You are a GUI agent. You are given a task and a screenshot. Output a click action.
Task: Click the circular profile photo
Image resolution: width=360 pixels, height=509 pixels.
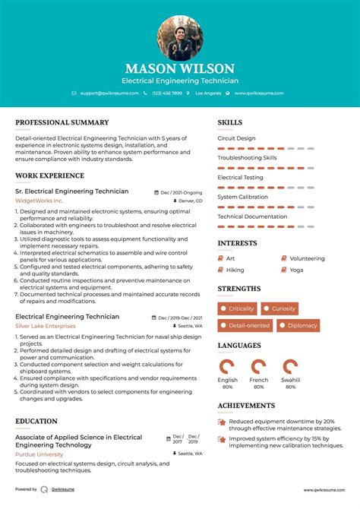tap(180, 38)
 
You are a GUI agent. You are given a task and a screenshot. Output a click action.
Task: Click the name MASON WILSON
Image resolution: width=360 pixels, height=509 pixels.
tap(180, 68)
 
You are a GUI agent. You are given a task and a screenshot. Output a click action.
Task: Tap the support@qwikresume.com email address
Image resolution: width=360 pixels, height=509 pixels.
tap(109, 93)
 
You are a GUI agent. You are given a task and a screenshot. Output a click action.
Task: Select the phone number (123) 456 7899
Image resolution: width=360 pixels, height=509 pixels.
tap(166, 93)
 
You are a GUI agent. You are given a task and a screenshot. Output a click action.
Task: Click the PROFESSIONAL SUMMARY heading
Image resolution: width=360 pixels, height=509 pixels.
tap(62, 122)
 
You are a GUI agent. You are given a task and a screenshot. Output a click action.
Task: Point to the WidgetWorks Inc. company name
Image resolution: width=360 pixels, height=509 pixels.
tap(39, 201)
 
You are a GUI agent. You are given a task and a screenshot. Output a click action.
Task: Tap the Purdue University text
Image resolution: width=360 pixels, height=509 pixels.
tap(39, 454)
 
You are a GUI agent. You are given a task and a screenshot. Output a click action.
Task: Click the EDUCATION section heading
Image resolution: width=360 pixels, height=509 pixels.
tap(36, 421)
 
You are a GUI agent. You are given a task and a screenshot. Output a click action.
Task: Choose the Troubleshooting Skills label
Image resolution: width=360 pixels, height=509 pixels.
tap(247, 158)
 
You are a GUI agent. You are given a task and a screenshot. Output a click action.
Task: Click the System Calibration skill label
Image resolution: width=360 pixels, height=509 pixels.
tap(243, 197)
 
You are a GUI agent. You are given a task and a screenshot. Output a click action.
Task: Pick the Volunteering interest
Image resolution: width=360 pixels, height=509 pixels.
tap(307, 258)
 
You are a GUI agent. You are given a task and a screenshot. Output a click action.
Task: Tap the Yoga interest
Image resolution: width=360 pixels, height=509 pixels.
tap(296, 270)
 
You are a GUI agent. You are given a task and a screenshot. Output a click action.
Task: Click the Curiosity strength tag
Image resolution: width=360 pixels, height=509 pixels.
tap(283, 308)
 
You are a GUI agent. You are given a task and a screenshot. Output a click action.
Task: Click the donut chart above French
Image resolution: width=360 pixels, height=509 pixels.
tap(259, 366)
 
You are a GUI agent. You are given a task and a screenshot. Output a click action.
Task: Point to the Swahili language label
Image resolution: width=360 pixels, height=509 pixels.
tap(289, 380)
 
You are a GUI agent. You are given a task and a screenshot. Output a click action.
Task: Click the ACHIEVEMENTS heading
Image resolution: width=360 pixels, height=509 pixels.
tap(246, 406)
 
